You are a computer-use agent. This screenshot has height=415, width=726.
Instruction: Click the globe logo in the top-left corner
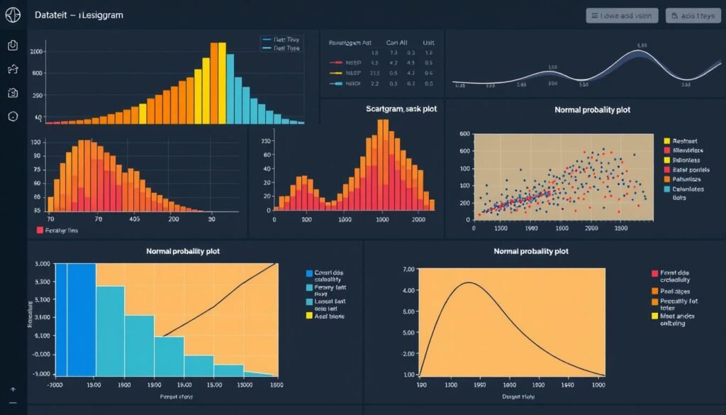coord(12,16)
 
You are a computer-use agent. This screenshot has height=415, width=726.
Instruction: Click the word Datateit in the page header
coord(54,15)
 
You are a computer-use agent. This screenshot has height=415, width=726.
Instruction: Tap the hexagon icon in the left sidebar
coord(13,116)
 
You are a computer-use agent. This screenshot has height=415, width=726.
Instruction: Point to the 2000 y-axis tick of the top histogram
coord(36,52)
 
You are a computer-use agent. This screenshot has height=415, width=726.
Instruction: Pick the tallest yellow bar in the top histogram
coord(221,82)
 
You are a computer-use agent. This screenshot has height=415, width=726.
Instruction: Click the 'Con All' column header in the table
coord(398,43)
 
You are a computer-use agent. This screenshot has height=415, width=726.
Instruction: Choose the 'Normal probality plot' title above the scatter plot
coord(593,110)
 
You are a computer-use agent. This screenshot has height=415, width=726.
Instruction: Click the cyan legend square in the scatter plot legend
coord(666,189)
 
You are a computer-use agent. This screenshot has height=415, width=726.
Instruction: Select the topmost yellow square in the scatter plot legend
coord(666,141)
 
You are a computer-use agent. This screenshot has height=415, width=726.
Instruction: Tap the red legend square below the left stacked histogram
coord(39,231)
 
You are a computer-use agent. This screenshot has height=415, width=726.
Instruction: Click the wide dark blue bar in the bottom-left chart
coord(81,319)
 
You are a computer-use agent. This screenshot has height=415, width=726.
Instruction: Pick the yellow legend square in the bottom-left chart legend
coord(308,316)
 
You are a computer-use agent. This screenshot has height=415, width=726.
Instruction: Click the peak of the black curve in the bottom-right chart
coord(469,283)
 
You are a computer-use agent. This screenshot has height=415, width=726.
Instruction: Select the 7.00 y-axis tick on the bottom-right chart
coord(407,270)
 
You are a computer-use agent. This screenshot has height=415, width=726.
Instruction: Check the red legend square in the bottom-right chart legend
coord(654,273)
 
